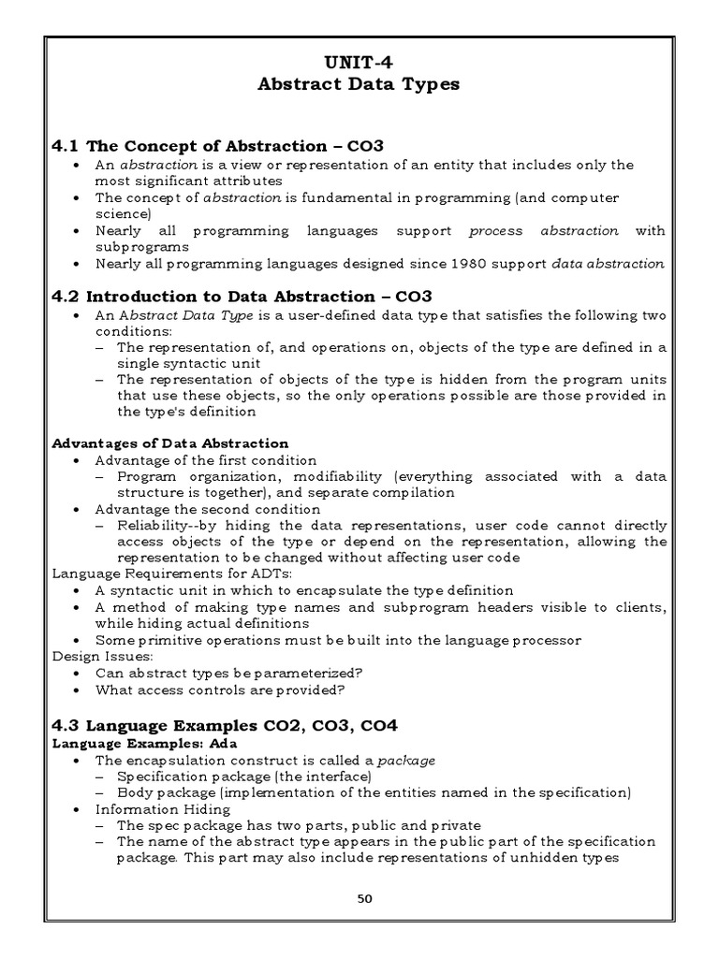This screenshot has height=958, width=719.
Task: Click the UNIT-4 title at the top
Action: (x=359, y=64)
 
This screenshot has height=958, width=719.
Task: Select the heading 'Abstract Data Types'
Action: (x=359, y=84)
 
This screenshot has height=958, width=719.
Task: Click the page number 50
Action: (x=364, y=898)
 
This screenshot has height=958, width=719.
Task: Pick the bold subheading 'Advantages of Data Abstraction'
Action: (x=169, y=443)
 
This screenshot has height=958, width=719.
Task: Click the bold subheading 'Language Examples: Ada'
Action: (x=139, y=743)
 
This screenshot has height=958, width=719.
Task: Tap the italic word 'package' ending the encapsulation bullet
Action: (x=410, y=760)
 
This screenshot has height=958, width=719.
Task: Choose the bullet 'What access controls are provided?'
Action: (x=220, y=689)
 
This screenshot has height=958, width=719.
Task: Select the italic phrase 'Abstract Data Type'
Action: (x=184, y=315)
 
